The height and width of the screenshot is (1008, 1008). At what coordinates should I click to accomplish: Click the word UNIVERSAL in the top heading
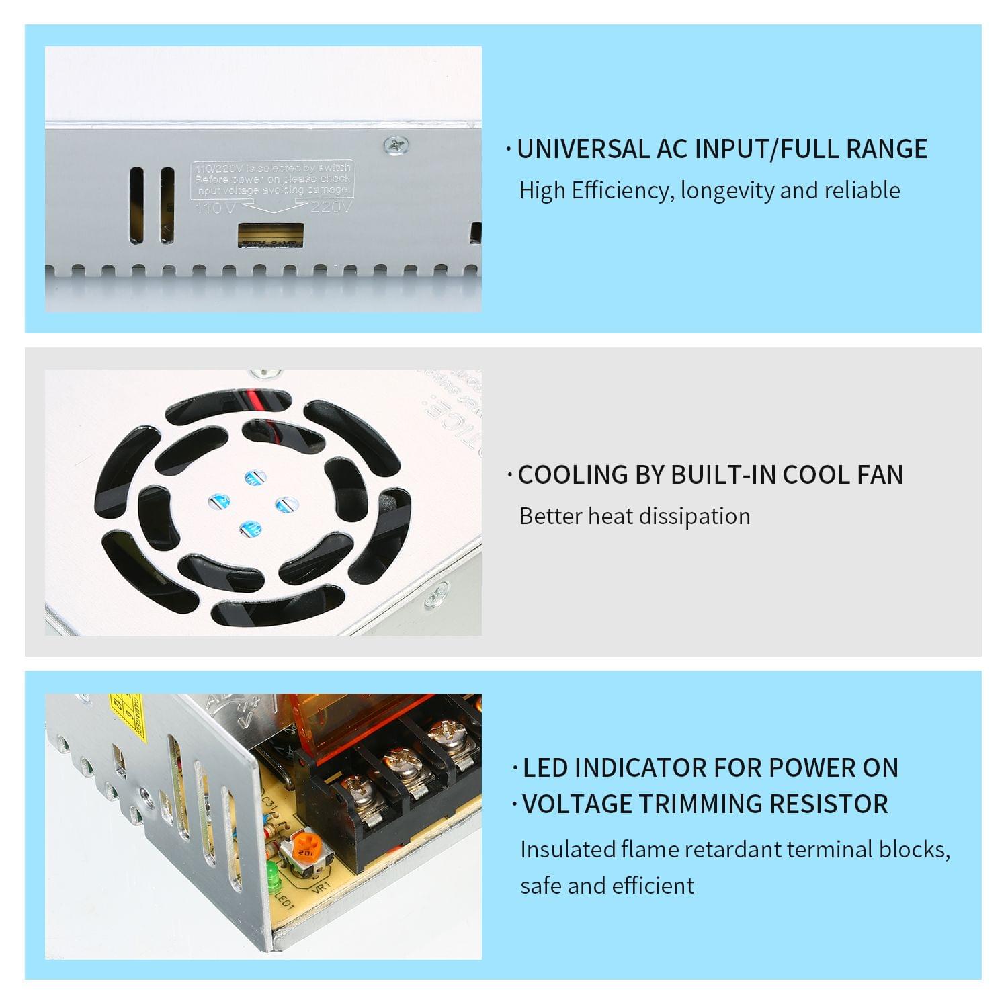(x=583, y=149)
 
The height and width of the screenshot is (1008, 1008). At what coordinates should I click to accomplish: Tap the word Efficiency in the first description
(x=619, y=191)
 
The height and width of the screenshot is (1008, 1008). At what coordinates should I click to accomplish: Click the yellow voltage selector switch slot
(x=270, y=236)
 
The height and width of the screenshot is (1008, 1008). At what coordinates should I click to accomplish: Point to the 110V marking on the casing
(x=215, y=208)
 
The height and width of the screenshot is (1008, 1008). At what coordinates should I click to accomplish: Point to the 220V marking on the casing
(x=331, y=206)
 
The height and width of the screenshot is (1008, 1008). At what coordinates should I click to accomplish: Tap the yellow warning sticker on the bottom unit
(x=128, y=714)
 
